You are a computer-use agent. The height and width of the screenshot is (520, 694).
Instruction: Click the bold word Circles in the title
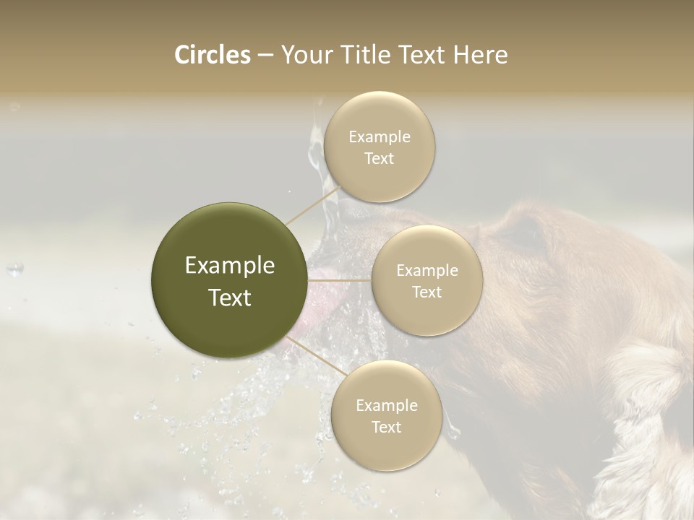(212, 55)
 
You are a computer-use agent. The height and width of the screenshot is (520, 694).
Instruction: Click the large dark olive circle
(229, 280)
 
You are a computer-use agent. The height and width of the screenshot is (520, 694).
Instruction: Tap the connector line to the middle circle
(340, 279)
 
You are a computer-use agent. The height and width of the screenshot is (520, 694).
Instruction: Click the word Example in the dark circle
(230, 266)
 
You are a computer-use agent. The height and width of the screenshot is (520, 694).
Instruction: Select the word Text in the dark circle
(230, 298)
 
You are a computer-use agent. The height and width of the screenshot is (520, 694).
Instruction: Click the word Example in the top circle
(379, 136)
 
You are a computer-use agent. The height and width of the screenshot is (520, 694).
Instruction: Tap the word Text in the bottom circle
(386, 427)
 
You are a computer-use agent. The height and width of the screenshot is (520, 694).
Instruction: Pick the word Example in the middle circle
(427, 271)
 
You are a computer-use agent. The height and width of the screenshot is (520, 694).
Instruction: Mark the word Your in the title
(307, 55)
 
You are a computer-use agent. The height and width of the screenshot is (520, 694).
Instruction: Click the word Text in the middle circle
(427, 292)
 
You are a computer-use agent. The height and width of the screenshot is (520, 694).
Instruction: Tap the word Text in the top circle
(379, 159)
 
